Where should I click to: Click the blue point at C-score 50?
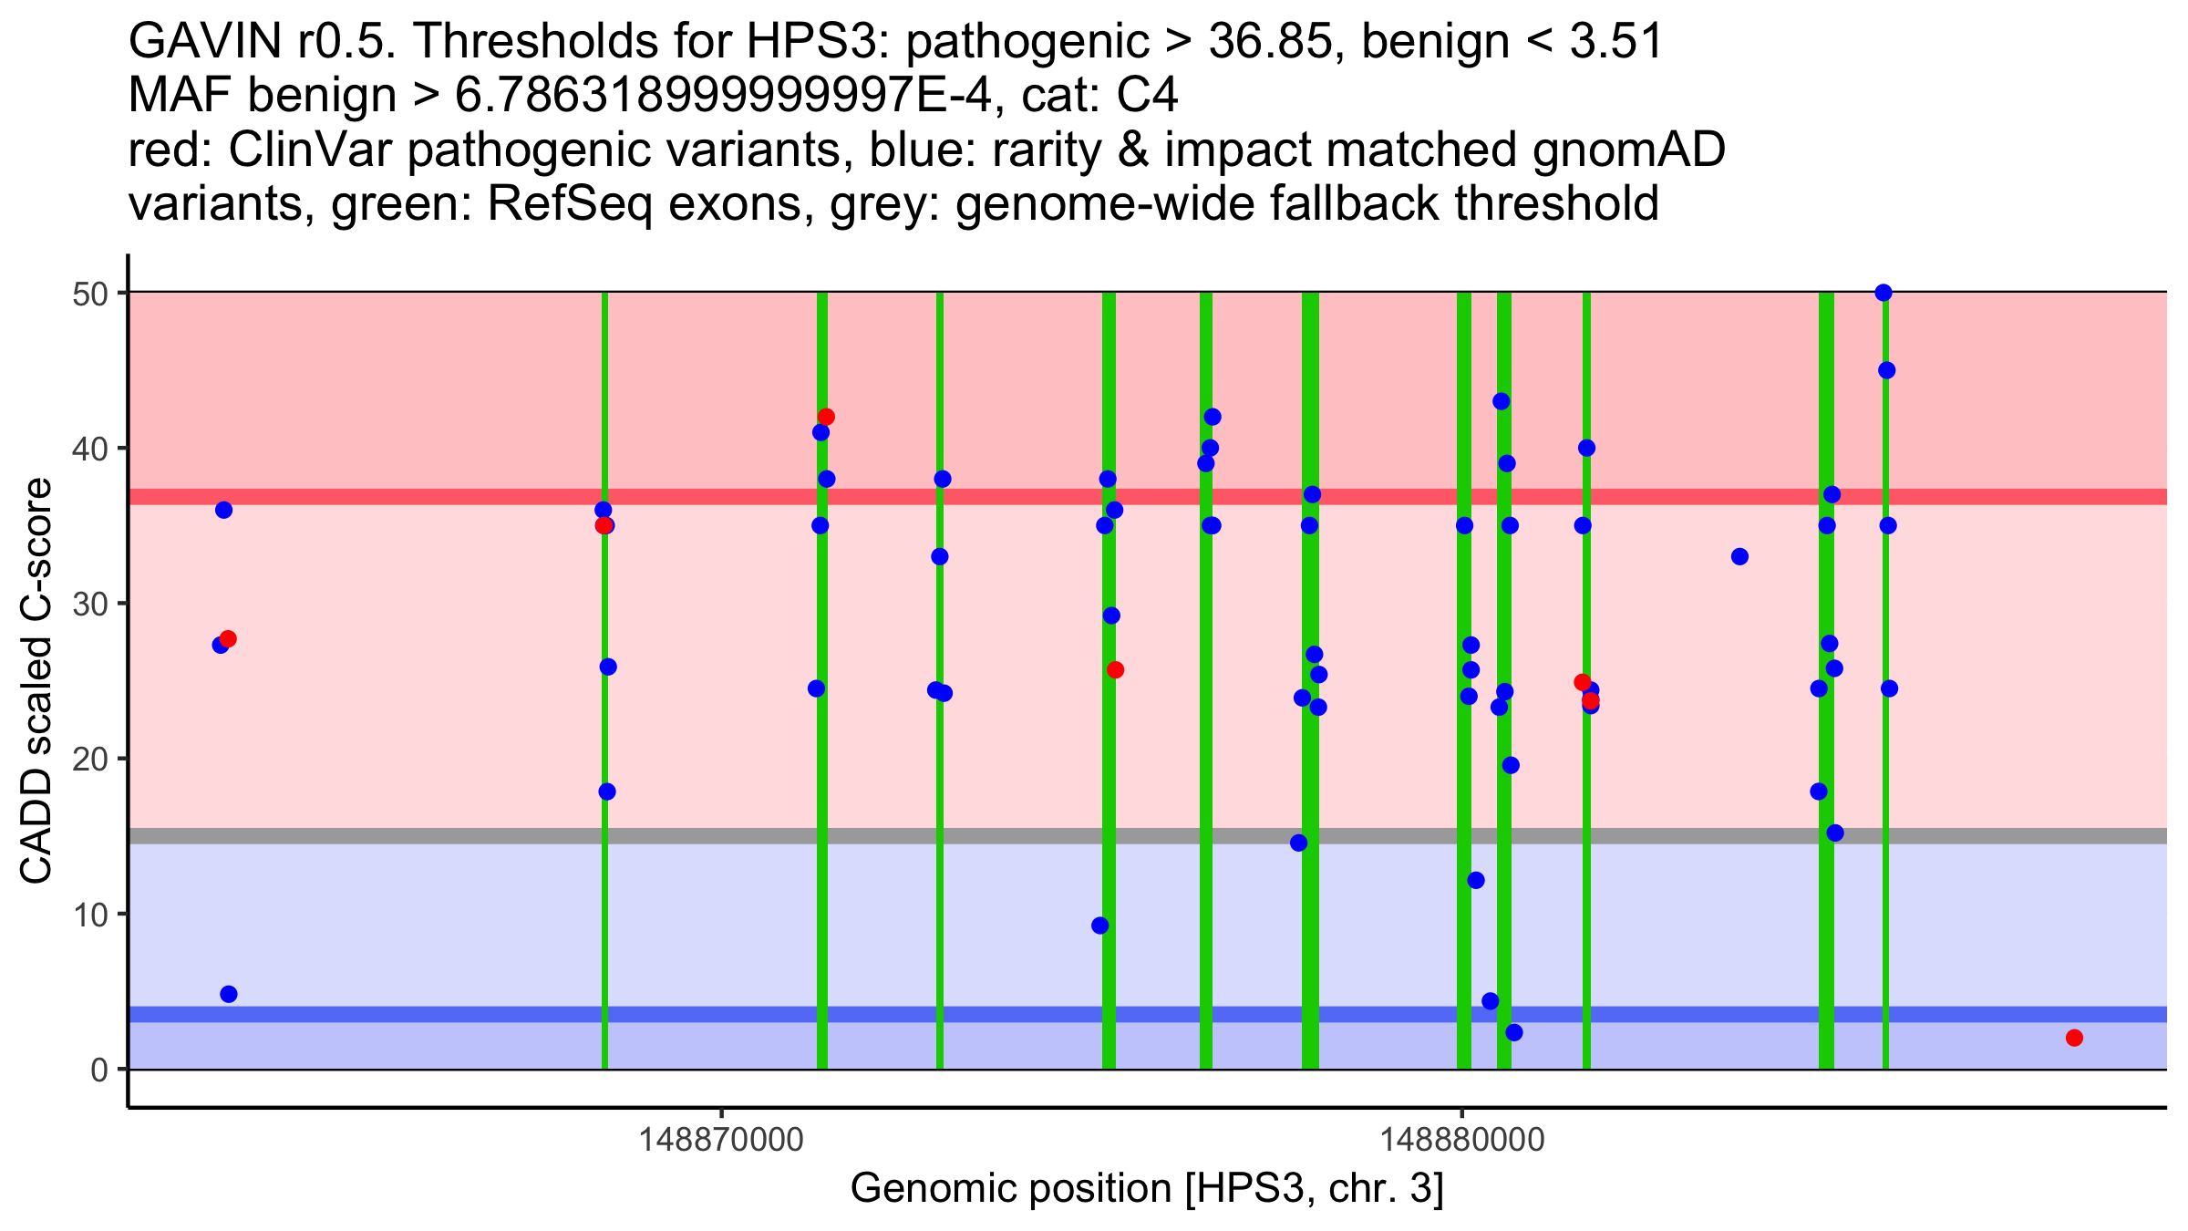1884,293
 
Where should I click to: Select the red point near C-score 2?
2074,1038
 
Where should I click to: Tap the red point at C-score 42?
826,417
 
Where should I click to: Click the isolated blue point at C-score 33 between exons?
1739,556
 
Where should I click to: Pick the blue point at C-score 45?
1887,370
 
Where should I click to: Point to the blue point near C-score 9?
1100,926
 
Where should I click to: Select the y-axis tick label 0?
99,1070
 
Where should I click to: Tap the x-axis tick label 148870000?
721,1140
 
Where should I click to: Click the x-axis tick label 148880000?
1462,1140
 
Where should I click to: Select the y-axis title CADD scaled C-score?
36,681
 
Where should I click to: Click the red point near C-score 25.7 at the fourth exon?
1115,670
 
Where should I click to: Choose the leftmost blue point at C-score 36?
223,510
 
